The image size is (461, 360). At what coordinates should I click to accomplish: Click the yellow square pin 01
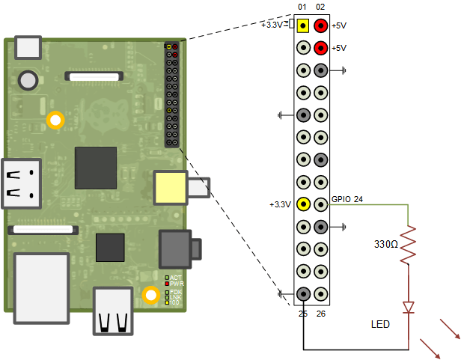[303, 25]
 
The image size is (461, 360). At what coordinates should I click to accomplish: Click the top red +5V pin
[320, 25]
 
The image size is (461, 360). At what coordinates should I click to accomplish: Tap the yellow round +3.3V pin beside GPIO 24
[303, 204]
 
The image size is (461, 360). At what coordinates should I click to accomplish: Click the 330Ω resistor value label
[388, 244]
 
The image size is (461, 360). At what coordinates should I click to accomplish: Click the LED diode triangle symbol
[409, 307]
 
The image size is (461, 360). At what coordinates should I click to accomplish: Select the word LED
[381, 325]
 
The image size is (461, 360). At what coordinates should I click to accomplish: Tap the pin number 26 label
[321, 313]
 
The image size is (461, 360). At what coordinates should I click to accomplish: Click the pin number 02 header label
[320, 7]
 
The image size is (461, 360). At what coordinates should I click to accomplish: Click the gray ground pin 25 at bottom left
[303, 294]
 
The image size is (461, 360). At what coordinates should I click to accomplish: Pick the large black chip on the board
[95, 168]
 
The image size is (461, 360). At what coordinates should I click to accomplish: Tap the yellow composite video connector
[171, 187]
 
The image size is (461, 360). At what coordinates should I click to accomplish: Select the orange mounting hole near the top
[55, 119]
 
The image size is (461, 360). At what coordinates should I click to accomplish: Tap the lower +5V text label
[340, 48]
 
